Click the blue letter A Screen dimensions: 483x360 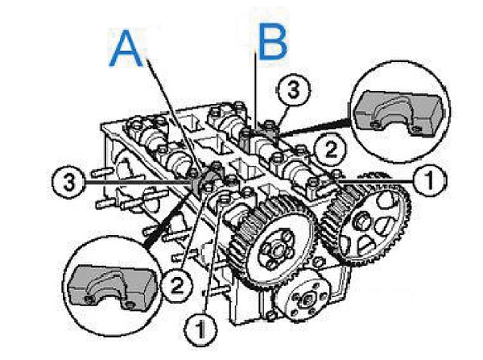point(126,48)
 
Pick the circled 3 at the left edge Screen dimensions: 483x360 point(68,182)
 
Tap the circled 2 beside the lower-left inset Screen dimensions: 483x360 point(177,286)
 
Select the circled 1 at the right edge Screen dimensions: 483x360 point(430,180)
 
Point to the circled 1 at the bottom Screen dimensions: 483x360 point(200,329)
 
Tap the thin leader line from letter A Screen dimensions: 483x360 point(175,114)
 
